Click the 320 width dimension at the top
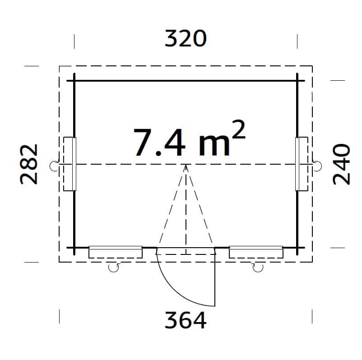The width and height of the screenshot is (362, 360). click(x=186, y=39)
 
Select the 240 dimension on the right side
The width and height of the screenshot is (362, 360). click(x=342, y=165)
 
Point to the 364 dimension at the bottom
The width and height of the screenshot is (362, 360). click(x=186, y=321)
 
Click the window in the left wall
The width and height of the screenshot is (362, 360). click(x=70, y=164)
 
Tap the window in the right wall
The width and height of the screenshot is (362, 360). click(x=302, y=164)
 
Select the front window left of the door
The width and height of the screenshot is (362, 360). click(x=116, y=252)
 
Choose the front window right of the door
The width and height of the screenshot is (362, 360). click(x=256, y=252)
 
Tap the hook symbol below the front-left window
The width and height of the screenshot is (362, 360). click(x=114, y=268)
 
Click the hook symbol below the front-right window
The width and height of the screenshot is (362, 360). click(x=258, y=268)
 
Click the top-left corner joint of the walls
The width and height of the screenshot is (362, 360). click(x=74, y=81)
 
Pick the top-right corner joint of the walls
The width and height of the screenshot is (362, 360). click(x=297, y=81)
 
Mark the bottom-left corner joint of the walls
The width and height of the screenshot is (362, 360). click(x=74, y=248)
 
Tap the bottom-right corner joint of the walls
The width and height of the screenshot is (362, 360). click(x=297, y=248)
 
